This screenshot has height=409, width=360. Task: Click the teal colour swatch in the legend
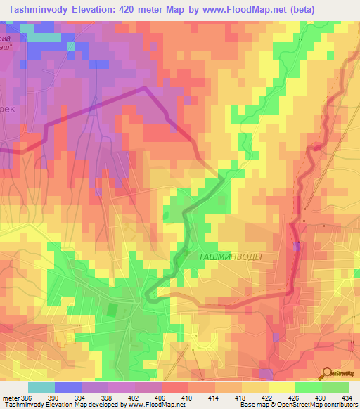click(41, 387)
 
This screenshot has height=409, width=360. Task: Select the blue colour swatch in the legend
click(68, 387)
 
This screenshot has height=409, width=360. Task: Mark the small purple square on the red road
click(297, 246)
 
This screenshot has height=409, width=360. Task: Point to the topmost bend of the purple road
click(145, 87)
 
